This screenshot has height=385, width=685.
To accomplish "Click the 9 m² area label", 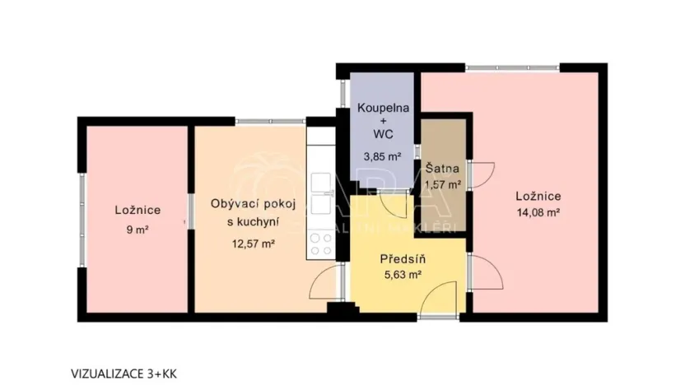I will (x=137, y=230).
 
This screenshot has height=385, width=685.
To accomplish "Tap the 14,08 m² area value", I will (x=538, y=212).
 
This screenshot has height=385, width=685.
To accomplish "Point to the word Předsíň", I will (x=400, y=259).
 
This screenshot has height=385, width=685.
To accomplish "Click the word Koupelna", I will (x=382, y=108).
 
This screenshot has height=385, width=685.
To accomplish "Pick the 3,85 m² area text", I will (x=382, y=155).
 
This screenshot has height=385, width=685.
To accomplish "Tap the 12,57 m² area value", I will (x=253, y=243).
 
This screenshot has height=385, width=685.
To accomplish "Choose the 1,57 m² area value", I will (x=443, y=184).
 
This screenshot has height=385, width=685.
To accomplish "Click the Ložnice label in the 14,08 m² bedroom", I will (x=538, y=196).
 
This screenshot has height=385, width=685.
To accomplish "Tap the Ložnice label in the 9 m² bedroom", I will (x=137, y=211).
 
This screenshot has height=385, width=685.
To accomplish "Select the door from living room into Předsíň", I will (x=328, y=282).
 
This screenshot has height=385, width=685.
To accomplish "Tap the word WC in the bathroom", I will (x=382, y=133).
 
